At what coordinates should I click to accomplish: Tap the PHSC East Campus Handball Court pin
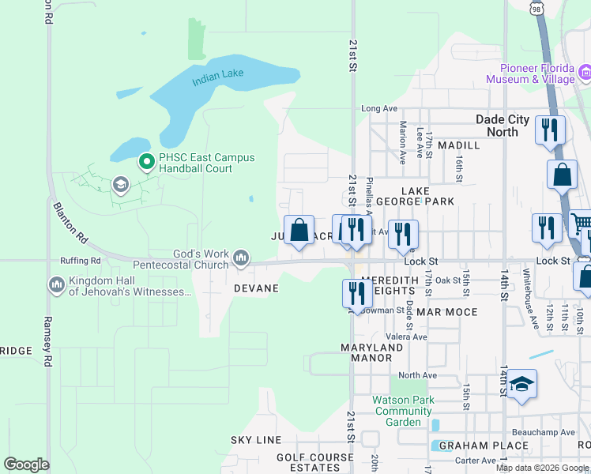(x=146, y=163)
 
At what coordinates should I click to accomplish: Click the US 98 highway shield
(x=536, y=7)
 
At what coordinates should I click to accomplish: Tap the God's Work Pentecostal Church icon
(x=241, y=258)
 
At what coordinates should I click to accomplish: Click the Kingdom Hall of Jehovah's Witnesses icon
(x=56, y=284)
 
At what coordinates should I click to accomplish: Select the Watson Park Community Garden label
(x=404, y=411)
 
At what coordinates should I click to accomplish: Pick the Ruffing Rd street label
(x=81, y=260)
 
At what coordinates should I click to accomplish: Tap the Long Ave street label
(x=378, y=108)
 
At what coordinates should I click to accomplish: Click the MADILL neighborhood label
(x=458, y=145)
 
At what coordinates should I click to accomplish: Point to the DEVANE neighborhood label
(x=256, y=288)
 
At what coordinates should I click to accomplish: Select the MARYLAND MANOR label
(x=367, y=352)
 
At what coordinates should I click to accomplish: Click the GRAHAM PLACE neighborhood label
(x=473, y=446)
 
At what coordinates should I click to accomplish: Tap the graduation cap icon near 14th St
(x=521, y=385)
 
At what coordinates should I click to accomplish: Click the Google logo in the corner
(x=26, y=465)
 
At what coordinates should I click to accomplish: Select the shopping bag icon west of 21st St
(x=299, y=231)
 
